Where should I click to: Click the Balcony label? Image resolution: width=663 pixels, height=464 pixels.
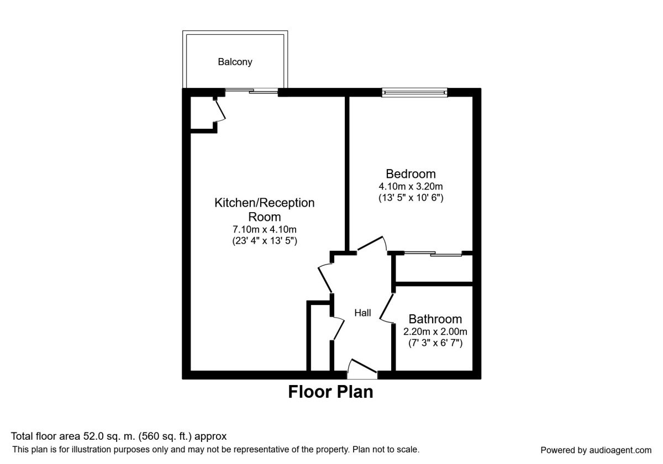(235, 62)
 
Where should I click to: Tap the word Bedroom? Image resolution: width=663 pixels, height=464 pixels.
(411, 174)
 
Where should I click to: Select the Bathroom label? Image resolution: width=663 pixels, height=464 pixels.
(435, 319)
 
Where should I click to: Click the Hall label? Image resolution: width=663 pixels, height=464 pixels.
(362, 313)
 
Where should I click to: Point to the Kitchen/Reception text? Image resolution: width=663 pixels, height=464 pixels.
(264, 203)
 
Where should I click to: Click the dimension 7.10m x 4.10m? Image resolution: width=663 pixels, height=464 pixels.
(264, 229)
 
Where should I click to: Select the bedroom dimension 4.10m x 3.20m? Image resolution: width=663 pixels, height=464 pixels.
(411, 186)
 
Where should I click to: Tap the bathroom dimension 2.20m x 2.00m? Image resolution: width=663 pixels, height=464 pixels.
(435, 332)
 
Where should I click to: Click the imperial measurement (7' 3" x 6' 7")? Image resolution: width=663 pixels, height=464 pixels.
(435, 343)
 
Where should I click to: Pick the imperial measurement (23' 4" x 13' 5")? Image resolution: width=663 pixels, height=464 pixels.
(264, 240)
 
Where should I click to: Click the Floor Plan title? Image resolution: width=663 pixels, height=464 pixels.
(330, 392)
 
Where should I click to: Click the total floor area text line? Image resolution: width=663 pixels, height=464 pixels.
(119, 436)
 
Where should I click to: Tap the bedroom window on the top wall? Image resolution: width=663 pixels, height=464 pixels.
(414, 92)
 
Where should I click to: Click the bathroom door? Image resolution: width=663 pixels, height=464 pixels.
(386, 308)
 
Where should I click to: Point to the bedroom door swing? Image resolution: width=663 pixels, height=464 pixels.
(372, 244)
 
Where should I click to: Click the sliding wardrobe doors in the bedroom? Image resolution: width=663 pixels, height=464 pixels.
(432, 254)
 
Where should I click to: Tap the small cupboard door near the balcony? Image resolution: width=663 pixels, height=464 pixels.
(220, 109)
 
